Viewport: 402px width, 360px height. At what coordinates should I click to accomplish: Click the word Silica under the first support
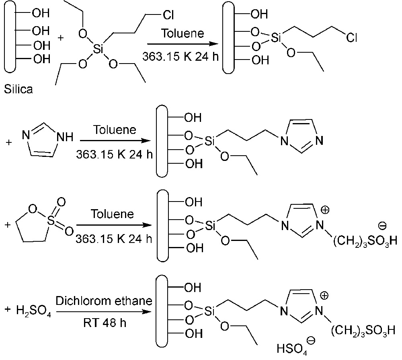point(18,89)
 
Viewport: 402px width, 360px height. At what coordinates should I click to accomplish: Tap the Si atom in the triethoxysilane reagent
point(98,49)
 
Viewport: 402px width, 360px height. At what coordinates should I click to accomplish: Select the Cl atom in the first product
point(352,38)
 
